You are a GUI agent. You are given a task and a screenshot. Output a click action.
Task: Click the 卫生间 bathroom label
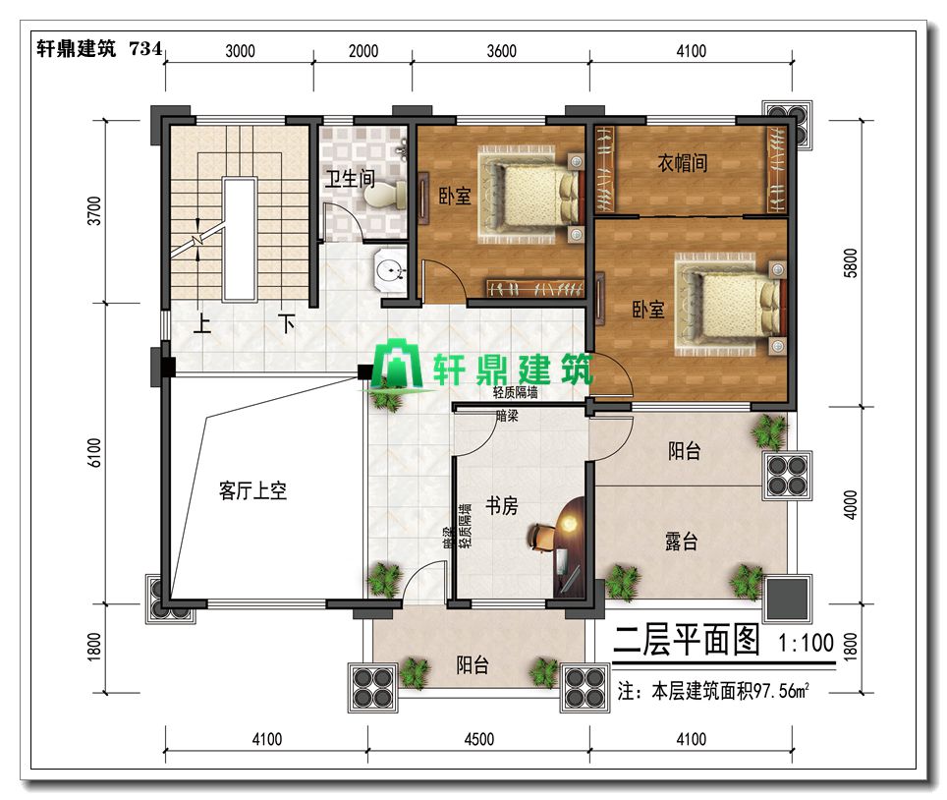pos(351,178)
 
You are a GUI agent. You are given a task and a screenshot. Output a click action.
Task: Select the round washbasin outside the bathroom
pos(390,269)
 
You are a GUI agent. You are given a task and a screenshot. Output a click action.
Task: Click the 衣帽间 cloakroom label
pos(683,162)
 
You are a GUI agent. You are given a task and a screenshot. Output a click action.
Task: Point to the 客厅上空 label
pos(252,490)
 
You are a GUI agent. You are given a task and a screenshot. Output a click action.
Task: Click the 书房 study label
pos(501,505)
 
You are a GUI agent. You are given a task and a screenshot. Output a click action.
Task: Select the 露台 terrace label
pos(681,541)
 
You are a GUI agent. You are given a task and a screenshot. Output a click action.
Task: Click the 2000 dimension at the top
pos(363,51)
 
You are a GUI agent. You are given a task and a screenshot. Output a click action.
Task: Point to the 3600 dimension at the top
pos(501,51)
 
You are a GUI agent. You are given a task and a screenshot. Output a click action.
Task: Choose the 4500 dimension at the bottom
pos(479,739)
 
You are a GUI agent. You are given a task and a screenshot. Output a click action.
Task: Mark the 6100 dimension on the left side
pos(95,452)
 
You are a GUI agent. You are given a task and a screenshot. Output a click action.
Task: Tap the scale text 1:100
pos(807,643)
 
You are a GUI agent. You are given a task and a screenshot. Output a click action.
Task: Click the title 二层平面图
pos(687,640)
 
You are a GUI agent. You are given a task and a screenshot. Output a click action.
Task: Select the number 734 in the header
pos(146,48)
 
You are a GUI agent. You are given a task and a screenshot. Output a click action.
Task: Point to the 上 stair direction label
pos(202,323)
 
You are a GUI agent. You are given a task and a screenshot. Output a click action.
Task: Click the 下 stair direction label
pos(286,323)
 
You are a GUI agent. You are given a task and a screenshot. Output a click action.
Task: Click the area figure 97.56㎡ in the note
pos(781,690)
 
